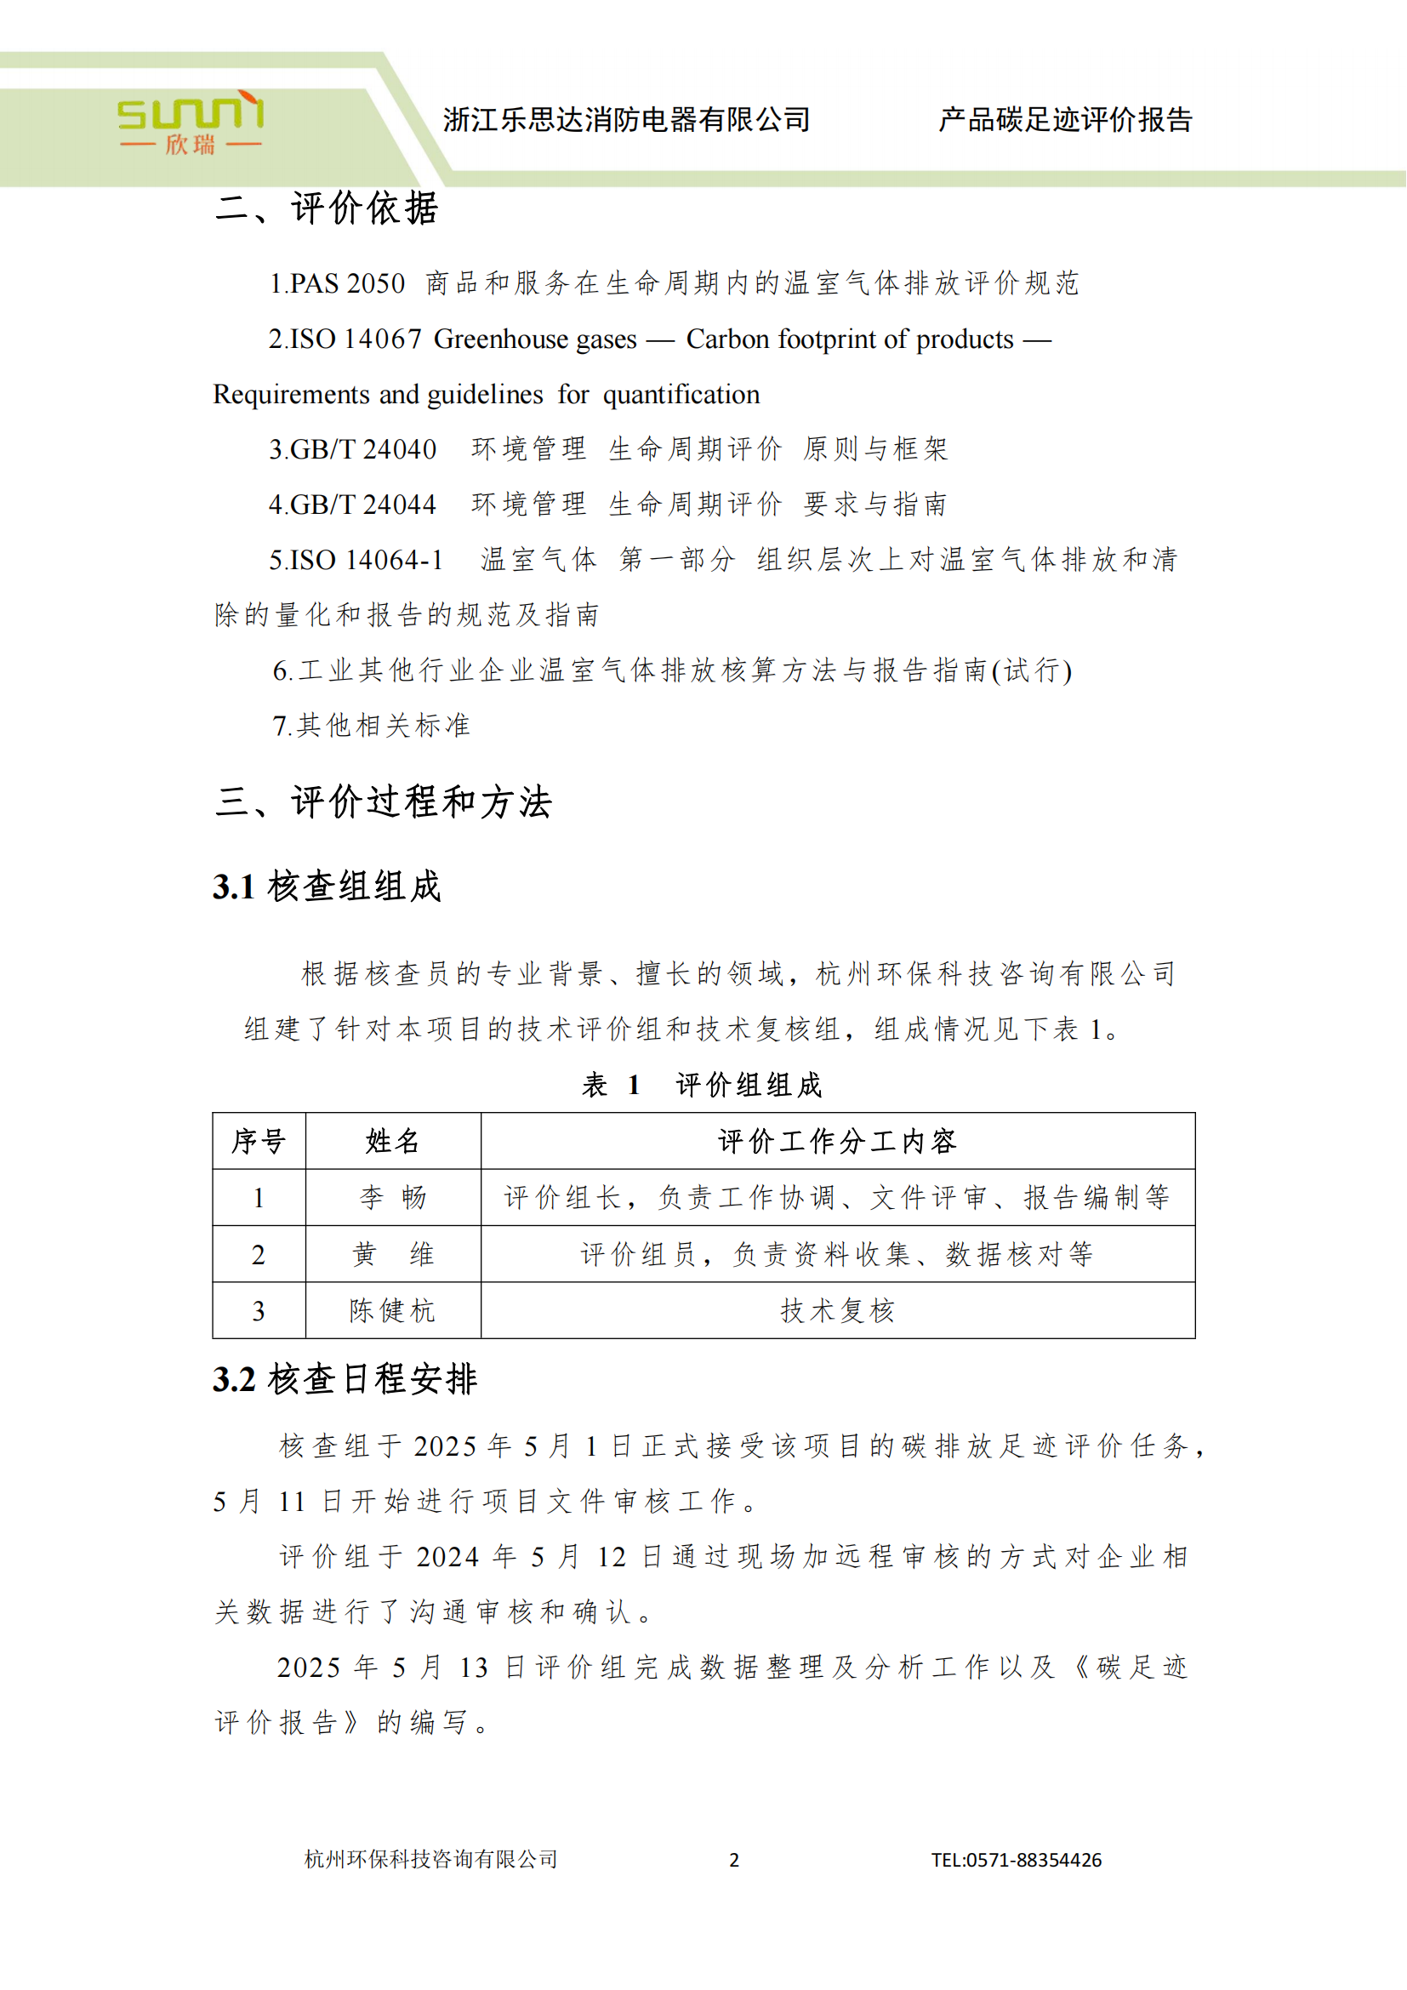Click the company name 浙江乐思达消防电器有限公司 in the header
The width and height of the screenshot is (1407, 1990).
pos(626,120)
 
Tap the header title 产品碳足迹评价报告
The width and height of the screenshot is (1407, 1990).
pos(1065,120)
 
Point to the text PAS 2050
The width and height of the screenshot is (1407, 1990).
pos(347,283)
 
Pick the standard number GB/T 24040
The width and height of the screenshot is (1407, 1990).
pos(363,449)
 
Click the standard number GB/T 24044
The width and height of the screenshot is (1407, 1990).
pos(363,505)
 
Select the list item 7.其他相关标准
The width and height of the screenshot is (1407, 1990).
pos(372,726)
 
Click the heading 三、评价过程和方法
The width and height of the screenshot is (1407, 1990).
pos(383,801)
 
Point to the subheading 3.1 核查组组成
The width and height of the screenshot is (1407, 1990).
pos(327,887)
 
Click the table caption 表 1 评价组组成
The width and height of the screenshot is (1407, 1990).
pos(702,1084)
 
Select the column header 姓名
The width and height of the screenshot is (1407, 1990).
pos(392,1142)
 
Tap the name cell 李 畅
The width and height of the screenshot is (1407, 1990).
pos(392,1198)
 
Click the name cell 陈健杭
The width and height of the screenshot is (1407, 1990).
pos(392,1310)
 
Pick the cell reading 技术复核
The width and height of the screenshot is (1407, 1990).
pos(837,1310)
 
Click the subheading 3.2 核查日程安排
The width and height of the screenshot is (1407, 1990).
pos(345,1379)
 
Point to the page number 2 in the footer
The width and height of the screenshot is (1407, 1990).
pos(734,1860)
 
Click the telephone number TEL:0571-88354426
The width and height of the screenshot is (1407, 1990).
pos(1016,1860)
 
